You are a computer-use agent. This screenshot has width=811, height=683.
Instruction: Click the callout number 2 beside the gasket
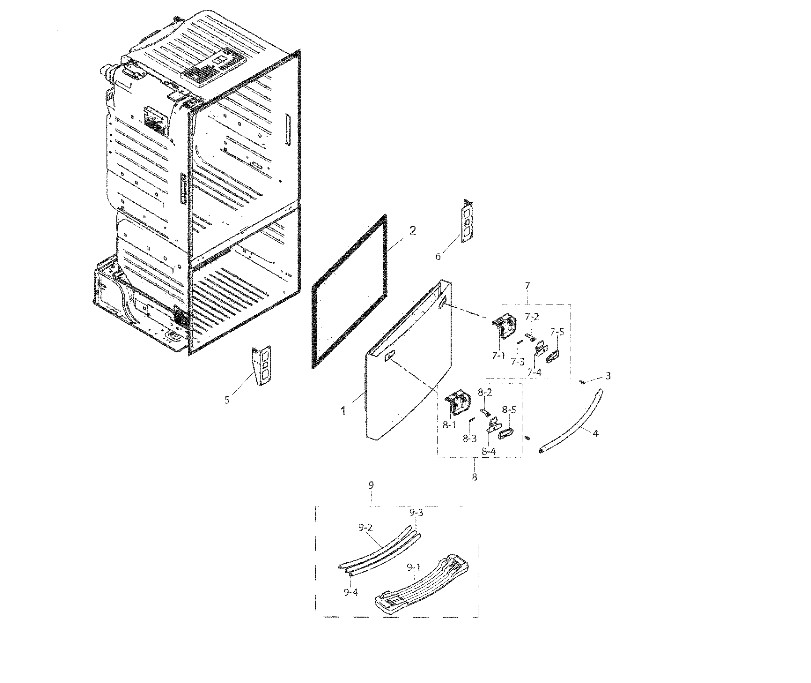click(x=412, y=231)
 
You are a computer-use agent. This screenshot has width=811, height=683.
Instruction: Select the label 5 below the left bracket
click(x=227, y=400)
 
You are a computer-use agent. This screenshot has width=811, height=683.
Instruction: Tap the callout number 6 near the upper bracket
click(x=438, y=256)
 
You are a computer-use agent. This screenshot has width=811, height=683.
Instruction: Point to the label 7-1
click(x=498, y=356)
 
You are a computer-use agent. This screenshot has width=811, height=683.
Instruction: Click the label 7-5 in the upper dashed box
click(x=557, y=332)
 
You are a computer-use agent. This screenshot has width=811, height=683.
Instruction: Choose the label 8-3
click(x=469, y=439)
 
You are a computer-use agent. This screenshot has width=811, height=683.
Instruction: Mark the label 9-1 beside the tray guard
click(x=414, y=567)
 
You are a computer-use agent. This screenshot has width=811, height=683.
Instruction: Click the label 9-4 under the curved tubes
click(x=350, y=592)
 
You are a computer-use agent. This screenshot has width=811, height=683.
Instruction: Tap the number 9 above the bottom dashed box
click(x=371, y=485)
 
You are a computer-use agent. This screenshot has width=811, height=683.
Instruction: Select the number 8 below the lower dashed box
click(x=474, y=477)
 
